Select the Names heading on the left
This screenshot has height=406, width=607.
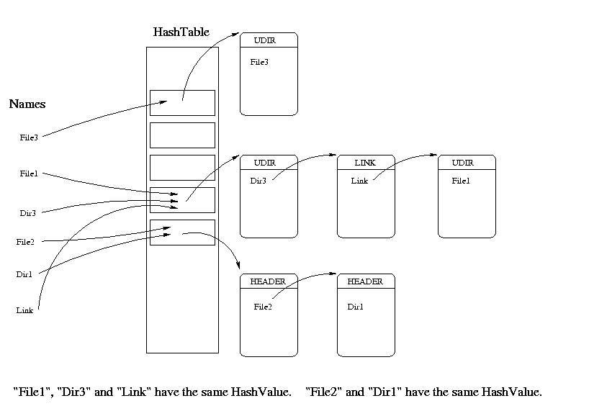tap(27, 104)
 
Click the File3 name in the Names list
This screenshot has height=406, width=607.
tap(29, 137)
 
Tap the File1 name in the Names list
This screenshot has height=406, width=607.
tap(29, 173)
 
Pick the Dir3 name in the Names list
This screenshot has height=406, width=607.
tap(28, 213)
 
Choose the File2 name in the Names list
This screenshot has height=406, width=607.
tap(25, 242)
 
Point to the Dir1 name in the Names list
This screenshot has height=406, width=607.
tap(24, 274)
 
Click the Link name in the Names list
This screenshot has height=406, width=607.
tap(24, 310)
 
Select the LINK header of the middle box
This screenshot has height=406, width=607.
tap(365, 163)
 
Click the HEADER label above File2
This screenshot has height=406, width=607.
tap(268, 281)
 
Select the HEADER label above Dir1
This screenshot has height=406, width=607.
tap(365, 281)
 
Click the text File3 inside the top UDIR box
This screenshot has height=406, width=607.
tap(259, 62)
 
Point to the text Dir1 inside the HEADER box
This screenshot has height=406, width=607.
tap(356, 307)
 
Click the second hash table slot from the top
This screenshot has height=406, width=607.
tap(182, 135)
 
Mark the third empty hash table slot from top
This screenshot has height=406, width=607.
tap(182, 167)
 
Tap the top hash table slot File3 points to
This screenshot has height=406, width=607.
tap(182, 102)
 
